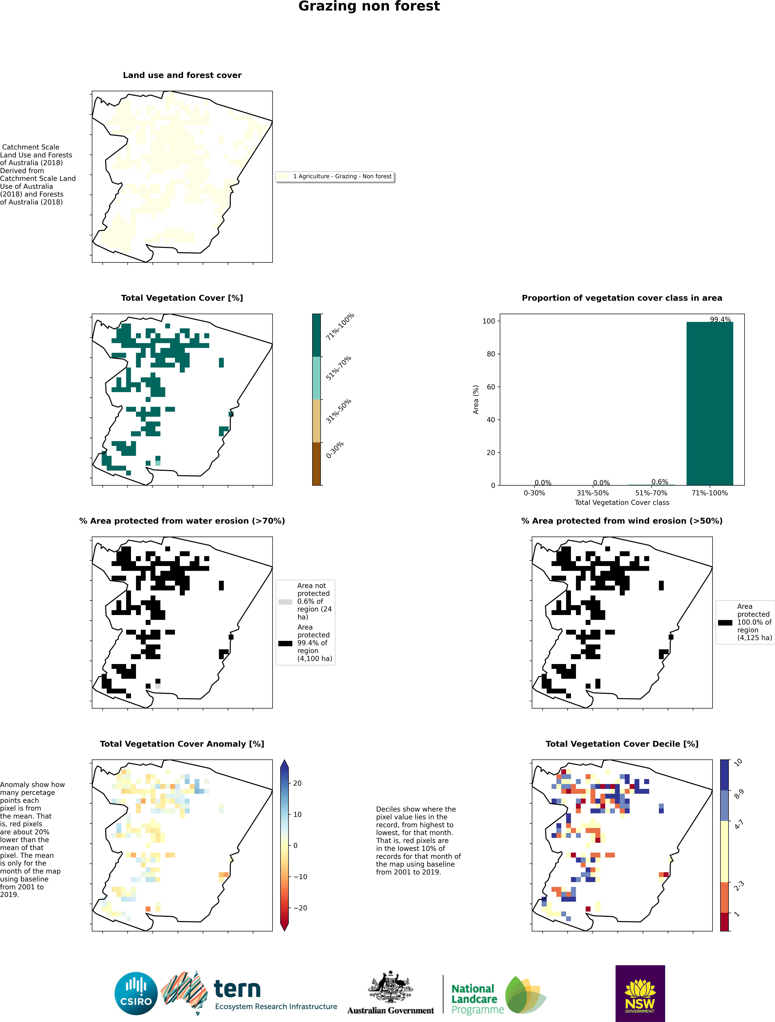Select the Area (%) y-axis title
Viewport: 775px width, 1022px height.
coord(476,399)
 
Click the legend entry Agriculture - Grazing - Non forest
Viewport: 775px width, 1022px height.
coord(342,176)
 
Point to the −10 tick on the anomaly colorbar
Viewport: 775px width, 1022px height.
coord(299,876)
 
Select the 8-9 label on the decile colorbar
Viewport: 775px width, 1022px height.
coord(738,794)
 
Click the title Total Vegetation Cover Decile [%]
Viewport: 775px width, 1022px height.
coord(622,744)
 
